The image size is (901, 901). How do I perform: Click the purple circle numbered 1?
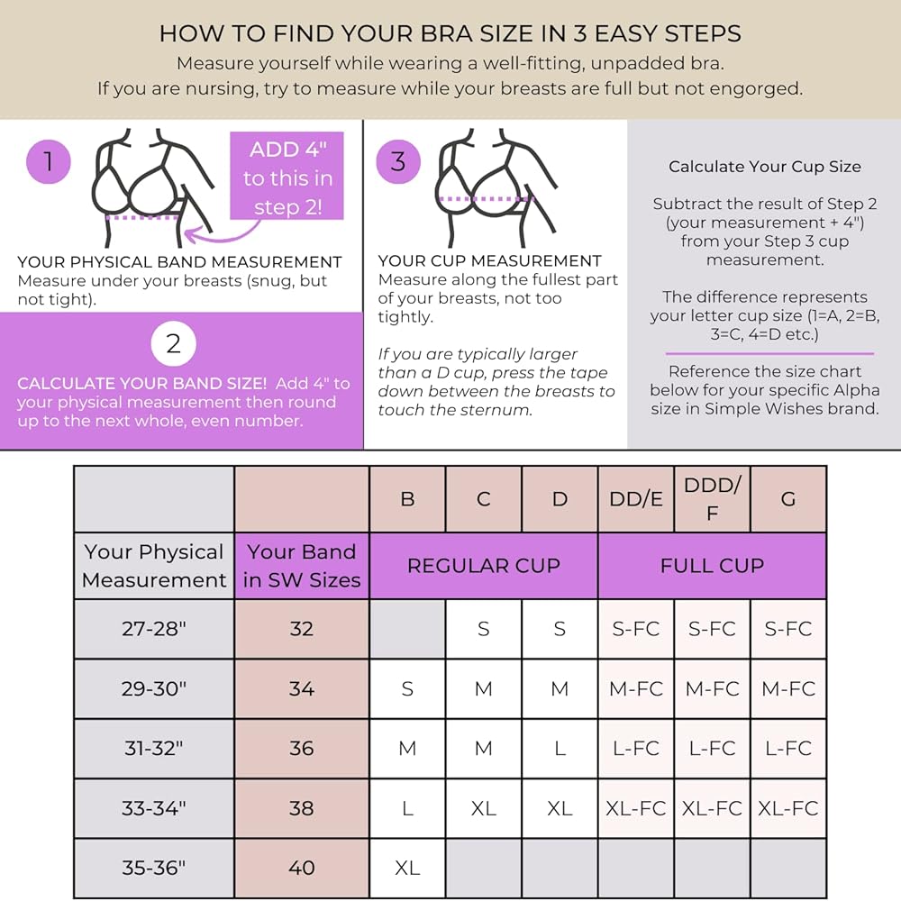pos(49,162)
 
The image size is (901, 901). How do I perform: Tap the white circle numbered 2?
pos(173,343)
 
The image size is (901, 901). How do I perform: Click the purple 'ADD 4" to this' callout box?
pos(287,177)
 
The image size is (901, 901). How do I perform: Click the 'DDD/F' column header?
pos(712,499)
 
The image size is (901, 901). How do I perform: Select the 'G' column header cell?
pos(788,499)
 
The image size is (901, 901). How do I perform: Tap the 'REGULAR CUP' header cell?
pos(484,566)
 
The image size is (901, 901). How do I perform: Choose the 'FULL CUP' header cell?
pos(712,566)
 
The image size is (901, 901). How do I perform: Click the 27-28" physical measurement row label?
pos(154,629)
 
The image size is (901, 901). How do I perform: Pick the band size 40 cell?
pos(302,868)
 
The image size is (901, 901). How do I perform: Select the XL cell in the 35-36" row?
pos(407,868)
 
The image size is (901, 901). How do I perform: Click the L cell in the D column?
pos(560,748)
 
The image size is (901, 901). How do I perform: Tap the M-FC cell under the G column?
pos(788,688)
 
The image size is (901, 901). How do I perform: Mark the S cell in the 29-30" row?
pos(407,688)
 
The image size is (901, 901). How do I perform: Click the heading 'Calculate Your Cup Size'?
pos(764,167)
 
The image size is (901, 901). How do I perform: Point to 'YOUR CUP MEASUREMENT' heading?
pos(489,261)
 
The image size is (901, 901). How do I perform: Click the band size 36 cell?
pos(302,748)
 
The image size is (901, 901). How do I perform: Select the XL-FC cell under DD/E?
pos(636,808)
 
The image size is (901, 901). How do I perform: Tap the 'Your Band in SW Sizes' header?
pos(302,566)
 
